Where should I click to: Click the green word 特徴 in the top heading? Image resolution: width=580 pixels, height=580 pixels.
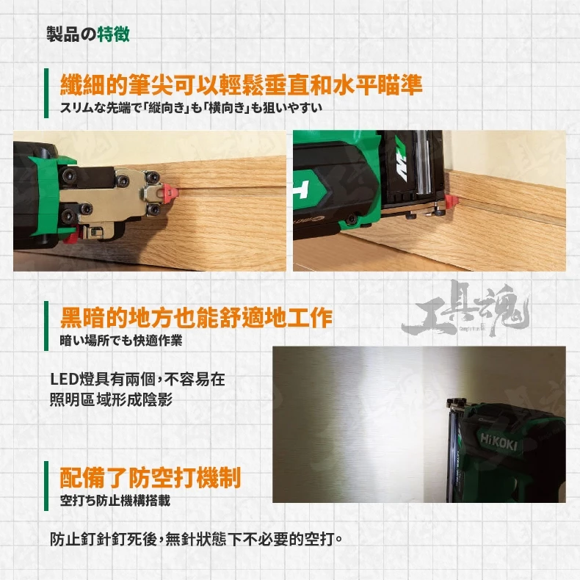[114, 34]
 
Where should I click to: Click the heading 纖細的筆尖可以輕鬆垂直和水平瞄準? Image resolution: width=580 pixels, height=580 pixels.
[241, 85]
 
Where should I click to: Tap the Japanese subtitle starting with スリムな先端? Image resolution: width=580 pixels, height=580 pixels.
[191, 108]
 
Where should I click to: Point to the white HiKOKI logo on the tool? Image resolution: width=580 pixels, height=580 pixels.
[498, 442]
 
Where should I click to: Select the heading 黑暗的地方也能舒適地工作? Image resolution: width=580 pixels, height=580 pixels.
[196, 318]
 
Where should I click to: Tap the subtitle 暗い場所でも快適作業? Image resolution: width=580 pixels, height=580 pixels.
[121, 341]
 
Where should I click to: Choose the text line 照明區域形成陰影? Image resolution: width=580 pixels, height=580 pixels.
[111, 399]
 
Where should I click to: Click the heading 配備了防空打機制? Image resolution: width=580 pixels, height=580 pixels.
[151, 477]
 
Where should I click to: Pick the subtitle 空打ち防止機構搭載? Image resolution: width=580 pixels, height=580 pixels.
[115, 501]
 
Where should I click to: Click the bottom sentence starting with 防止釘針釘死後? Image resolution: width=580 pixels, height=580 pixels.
[196, 539]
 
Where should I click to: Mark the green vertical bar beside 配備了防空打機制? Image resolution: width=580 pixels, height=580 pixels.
[46, 486]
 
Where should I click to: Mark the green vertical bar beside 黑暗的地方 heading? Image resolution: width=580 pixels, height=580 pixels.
[46, 325]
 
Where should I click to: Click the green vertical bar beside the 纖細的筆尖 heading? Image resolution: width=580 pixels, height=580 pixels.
[46, 93]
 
